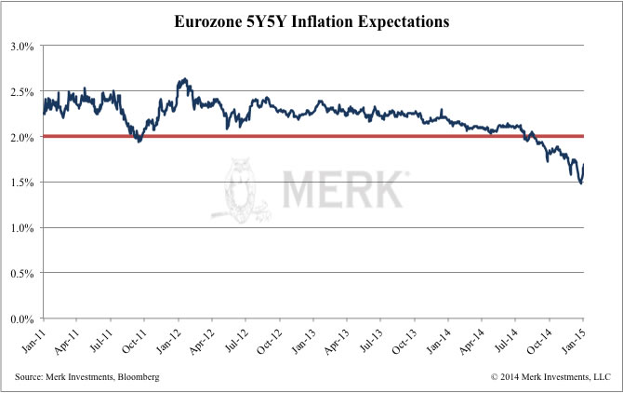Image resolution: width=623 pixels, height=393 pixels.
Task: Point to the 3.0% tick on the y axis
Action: click(23, 47)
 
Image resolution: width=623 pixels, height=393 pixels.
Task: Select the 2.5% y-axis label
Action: click(23, 92)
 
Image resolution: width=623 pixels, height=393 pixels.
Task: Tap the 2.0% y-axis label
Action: click(23, 137)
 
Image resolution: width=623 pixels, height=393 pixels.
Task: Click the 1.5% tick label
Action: click(23, 183)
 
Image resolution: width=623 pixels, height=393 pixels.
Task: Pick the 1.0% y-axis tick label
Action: click(23, 228)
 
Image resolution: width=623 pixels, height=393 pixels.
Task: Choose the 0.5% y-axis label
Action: click(23, 273)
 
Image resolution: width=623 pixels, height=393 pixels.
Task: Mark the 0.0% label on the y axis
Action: click(23, 318)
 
